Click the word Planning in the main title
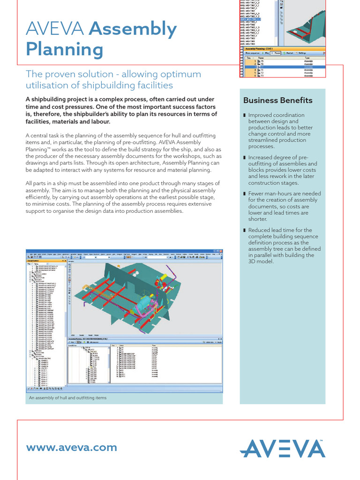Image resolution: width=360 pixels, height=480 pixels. pyautogui.click(x=64, y=49)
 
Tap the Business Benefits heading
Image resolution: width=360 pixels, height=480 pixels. pyautogui.click(x=277, y=100)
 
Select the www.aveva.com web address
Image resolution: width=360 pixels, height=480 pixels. pyautogui.click(x=72, y=447)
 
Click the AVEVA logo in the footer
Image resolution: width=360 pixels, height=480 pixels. pyautogui.click(x=283, y=449)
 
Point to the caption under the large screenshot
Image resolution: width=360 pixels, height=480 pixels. pyautogui.click(x=67, y=397)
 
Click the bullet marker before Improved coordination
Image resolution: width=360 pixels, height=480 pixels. pyautogui.click(x=244, y=115)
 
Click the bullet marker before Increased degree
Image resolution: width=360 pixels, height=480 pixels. pyautogui.click(x=244, y=157)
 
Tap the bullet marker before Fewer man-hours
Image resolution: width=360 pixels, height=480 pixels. pyautogui.click(x=244, y=194)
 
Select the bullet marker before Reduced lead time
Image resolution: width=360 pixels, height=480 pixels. pyautogui.click(x=244, y=230)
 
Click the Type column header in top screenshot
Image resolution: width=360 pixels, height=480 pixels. pyautogui.click(x=308, y=58)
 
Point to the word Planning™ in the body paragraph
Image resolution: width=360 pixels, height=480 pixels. pyautogui.click(x=38, y=149)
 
